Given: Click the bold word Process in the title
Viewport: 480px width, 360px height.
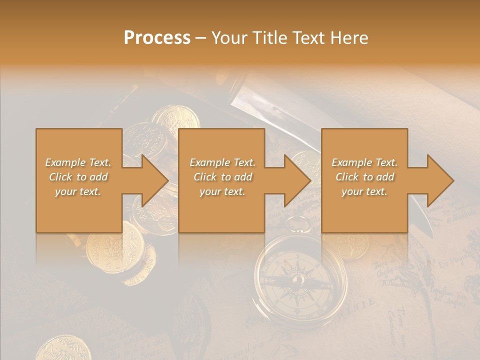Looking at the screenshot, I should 157,37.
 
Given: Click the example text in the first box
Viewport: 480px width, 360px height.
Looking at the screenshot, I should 78,177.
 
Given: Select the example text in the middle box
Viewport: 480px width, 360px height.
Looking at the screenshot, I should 222,177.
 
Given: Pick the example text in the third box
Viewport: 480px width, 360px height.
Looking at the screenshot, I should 364,177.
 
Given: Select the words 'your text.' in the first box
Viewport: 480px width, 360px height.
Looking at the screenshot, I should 78,191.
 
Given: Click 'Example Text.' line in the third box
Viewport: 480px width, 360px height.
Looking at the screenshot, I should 364,162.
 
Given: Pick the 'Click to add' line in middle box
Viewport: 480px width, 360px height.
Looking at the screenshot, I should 222,177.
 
